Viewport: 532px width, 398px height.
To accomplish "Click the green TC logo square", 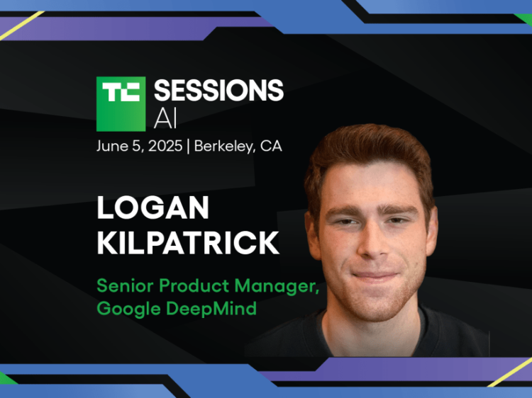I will coord(121,103).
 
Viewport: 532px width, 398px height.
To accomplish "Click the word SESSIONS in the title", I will coord(218,91).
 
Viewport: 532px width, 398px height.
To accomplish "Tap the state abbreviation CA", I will coord(271,147).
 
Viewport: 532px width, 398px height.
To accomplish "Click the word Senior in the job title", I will coord(121,286).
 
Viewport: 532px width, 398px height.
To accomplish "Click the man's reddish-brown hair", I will coord(369,152).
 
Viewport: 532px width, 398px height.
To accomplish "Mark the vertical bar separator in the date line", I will coord(188,147).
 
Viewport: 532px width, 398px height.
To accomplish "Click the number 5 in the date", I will coord(138,147).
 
